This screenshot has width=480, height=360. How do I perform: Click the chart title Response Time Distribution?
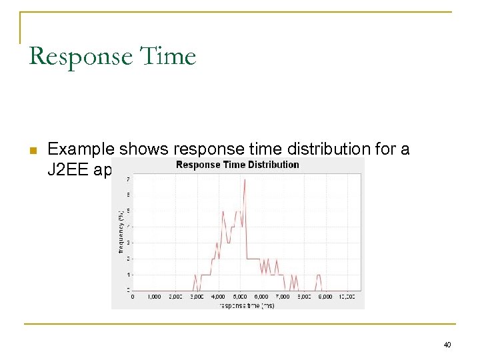237,165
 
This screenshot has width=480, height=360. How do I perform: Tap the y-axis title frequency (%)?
121,229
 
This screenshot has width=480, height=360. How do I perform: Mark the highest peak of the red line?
245,180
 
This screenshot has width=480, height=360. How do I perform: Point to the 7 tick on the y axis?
128,179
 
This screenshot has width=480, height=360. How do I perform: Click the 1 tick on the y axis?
128,275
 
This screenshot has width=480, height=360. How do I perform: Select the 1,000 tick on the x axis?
154,297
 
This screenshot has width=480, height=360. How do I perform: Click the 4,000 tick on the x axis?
218,297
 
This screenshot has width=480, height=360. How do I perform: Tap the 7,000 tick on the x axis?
283,297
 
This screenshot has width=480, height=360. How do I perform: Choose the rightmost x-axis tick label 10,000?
346,297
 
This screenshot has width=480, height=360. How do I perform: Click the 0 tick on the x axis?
133,297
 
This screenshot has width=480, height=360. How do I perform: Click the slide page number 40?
447,345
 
